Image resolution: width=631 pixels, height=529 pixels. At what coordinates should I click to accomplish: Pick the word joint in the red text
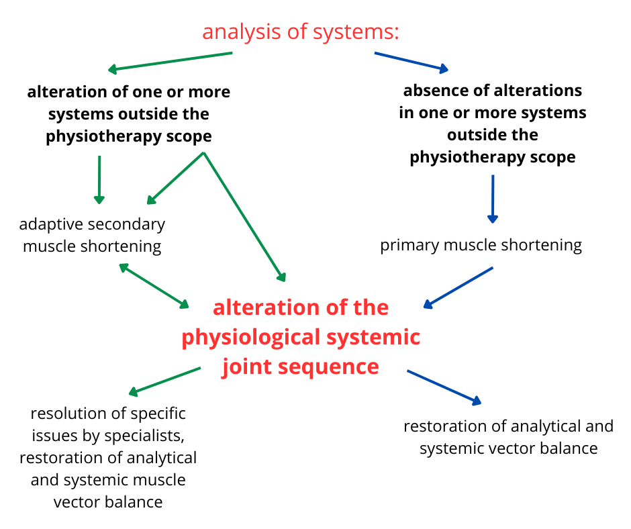click(x=245, y=367)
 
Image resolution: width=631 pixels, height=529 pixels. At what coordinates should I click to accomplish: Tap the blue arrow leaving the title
click(x=411, y=61)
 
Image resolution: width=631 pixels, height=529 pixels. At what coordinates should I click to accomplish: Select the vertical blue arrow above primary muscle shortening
click(x=493, y=199)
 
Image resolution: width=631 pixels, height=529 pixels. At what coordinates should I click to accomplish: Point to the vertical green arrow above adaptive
click(x=99, y=179)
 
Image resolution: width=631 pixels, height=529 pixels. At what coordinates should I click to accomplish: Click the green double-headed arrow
click(x=154, y=286)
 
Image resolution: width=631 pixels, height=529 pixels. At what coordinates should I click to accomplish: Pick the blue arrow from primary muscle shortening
click(x=458, y=287)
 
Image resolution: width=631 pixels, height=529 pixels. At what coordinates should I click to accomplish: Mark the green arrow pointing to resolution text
click(x=164, y=381)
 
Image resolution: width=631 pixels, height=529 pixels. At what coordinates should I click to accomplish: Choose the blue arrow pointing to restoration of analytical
click(x=444, y=387)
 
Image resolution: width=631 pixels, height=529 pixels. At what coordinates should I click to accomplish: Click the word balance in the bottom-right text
click(x=567, y=448)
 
